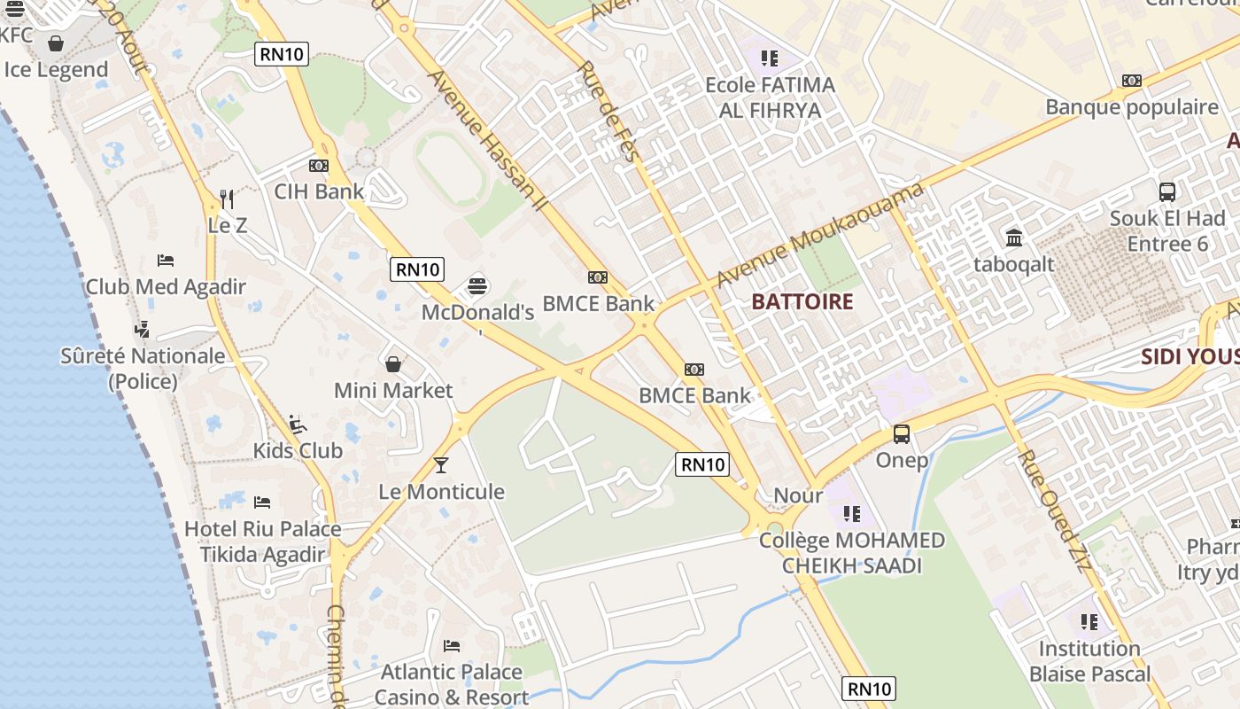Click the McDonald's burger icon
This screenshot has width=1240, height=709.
pos(477,286)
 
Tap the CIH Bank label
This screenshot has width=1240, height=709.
pos(319,191)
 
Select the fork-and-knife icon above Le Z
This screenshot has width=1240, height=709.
pos(227,199)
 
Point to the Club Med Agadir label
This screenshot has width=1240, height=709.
pos(166,287)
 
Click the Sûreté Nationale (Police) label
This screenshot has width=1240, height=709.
pos(143,368)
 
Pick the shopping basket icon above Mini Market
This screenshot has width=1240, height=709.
pos(393,364)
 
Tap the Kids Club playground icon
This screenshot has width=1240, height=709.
pos(298,425)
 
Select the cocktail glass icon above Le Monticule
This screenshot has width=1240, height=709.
pos(441,465)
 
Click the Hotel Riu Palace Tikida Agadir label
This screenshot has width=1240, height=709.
pos(262,541)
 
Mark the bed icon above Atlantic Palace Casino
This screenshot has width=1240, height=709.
pos(452,646)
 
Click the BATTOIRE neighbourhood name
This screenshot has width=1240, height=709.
pos(802,302)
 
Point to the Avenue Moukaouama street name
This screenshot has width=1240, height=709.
pos(819,236)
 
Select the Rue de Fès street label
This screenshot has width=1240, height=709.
pos(608,112)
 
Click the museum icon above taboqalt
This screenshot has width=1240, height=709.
pos(1014,238)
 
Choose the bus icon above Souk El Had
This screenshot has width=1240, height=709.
pos(1167,191)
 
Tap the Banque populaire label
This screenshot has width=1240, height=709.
pos(1132,107)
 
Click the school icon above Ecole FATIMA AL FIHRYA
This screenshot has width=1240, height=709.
pos(769,58)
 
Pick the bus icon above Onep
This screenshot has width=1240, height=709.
pos(902,434)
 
